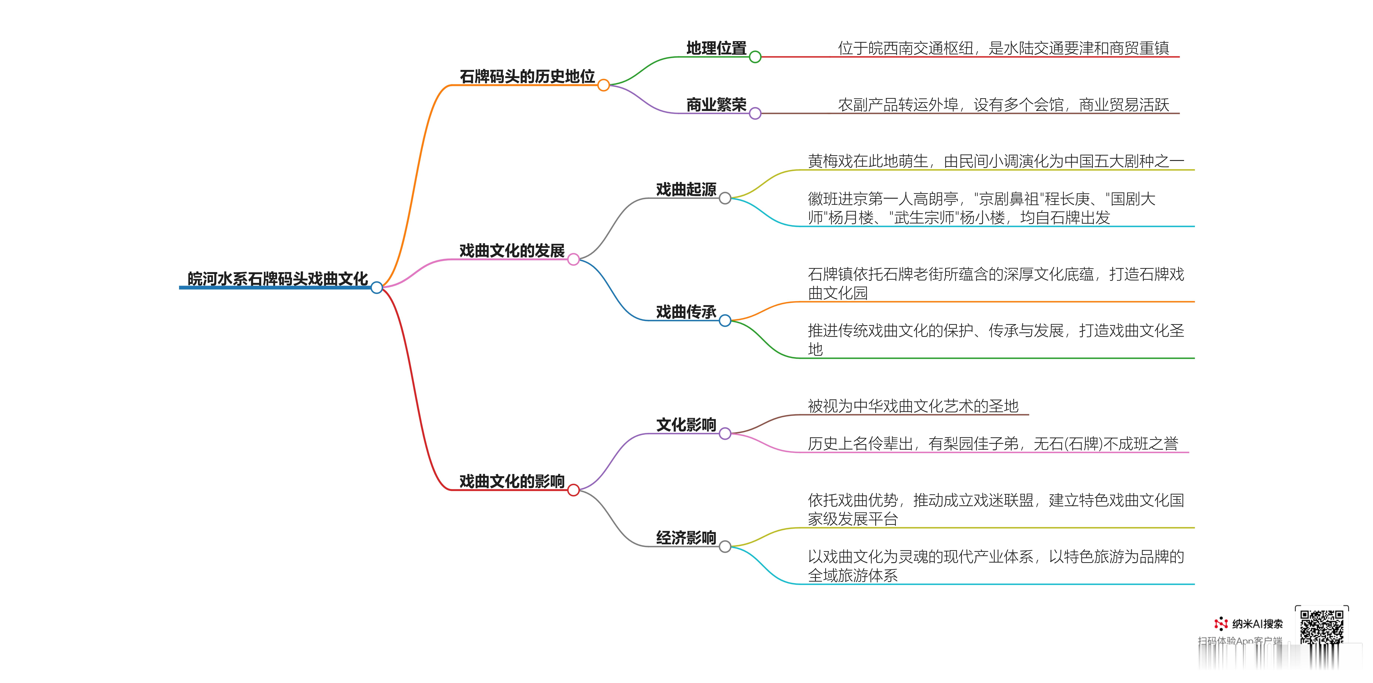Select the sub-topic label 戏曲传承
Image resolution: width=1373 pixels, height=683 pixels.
686,312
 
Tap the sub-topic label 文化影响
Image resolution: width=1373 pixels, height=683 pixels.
686,425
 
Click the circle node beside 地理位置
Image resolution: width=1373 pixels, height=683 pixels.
755,57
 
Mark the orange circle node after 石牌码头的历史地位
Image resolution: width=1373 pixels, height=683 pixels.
603,85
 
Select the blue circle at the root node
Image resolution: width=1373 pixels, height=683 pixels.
377,288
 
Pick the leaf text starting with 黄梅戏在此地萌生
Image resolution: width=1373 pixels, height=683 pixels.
996,161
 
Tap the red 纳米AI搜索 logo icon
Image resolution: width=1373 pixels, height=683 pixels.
1221,623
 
